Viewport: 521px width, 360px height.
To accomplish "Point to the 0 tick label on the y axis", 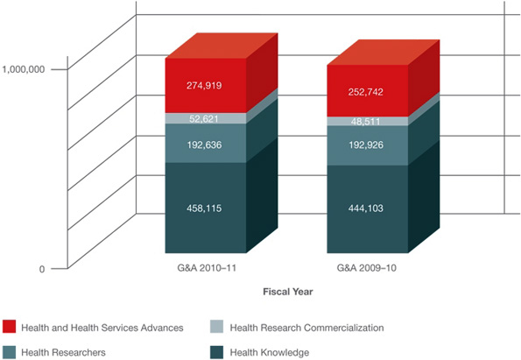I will pyautogui.click(x=41, y=269).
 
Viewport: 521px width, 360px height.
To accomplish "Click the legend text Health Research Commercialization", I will pyautogui.click(x=306, y=328).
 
